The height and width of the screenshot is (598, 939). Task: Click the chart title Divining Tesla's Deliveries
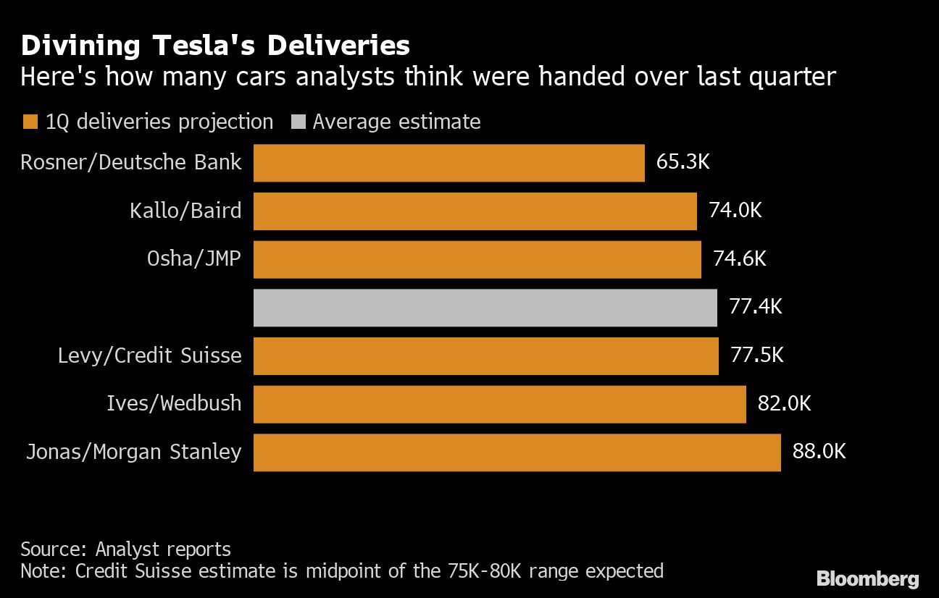click(x=215, y=46)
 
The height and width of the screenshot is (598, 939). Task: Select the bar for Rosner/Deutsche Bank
click(x=448, y=163)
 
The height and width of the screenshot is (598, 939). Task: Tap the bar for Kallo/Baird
click(x=475, y=211)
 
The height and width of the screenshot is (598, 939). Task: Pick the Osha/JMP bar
click(x=477, y=259)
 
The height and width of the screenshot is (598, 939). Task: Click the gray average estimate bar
click(x=485, y=308)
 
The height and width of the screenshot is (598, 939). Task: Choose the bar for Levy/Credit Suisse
click(x=485, y=356)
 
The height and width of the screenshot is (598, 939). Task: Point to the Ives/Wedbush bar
click(x=499, y=404)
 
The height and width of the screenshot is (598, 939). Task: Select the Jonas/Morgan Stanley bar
click(x=517, y=452)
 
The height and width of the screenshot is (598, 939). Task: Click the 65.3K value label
click(x=683, y=161)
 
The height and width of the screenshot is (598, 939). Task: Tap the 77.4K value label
click(x=756, y=306)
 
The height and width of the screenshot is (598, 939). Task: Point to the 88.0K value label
click(x=819, y=452)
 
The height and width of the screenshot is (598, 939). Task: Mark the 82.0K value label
click(x=784, y=403)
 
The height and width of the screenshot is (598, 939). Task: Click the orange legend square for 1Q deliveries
click(x=30, y=122)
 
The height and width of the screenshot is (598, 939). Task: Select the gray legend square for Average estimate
click(x=296, y=122)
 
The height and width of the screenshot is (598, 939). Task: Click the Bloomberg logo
click(x=867, y=578)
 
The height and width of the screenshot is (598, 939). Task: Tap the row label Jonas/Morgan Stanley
click(x=133, y=452)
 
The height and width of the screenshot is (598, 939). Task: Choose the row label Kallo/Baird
click(x=185, y=211)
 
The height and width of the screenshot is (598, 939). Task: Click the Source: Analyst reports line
click(x=125, y=549)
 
